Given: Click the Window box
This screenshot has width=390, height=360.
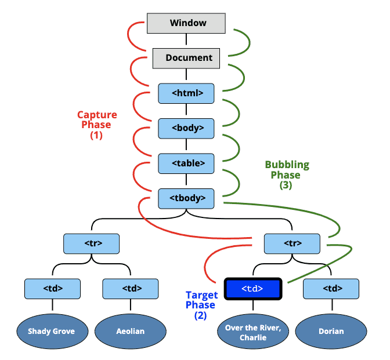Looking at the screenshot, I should [186, 23].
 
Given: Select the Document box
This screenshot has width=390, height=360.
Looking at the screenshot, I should [186, 57].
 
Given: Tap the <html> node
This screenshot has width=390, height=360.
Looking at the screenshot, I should [186, 93].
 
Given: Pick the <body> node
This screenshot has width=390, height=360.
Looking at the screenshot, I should [186, 128].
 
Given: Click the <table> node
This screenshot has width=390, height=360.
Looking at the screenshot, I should [186, 163].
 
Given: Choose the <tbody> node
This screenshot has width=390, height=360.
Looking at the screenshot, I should [186, 198].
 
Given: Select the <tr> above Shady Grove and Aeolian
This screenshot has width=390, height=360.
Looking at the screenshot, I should [92, 243].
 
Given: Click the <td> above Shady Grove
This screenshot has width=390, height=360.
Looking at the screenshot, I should [53, 288].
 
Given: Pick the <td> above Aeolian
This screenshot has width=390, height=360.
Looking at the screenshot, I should [131, 288].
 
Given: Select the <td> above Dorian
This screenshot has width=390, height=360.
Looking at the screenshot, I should [331, 288].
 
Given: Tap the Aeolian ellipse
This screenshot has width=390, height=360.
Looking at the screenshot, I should [131, 331].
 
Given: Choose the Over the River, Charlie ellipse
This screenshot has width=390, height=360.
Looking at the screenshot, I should [254, 332].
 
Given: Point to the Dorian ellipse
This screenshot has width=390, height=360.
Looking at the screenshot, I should [331, 331].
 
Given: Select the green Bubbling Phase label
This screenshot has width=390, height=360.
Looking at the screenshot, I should [287, 170].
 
